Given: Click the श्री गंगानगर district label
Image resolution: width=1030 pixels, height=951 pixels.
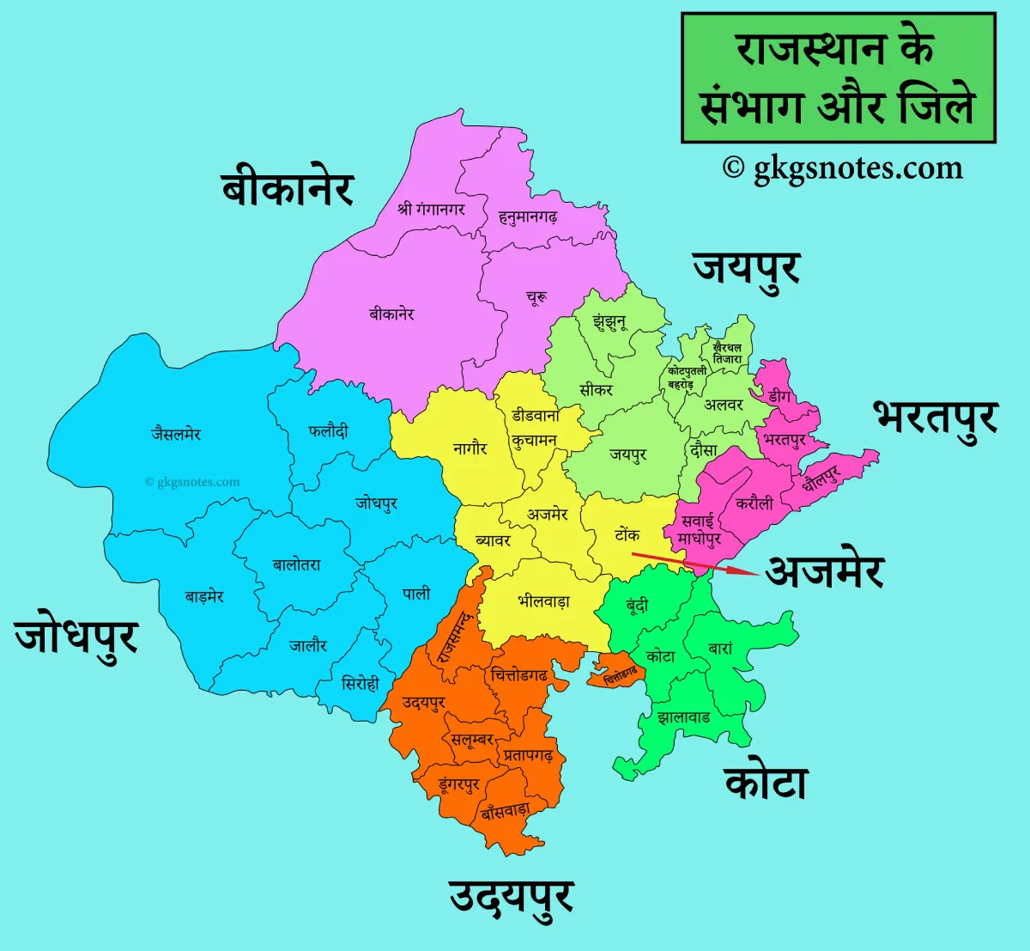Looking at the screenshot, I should (431, 208).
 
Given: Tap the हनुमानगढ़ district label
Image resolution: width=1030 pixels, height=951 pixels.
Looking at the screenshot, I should (528, 217).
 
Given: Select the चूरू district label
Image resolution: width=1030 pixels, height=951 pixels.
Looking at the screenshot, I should (536, 298).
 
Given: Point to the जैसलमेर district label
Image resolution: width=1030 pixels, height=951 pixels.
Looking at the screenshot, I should (176, 434).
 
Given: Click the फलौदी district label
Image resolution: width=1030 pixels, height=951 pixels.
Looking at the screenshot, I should (329, 431).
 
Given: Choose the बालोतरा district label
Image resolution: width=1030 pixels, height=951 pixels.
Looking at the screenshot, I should (297, 564).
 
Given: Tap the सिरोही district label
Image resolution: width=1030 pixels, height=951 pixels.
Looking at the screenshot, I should (360, 684).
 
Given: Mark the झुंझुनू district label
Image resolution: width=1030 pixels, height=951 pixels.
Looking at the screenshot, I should (609, 323).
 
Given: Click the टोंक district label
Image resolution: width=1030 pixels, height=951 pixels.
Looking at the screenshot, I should (627, 534).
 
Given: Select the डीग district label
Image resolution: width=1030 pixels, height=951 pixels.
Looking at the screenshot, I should (779, 396).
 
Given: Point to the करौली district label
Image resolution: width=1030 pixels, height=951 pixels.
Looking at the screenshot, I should (754, 503).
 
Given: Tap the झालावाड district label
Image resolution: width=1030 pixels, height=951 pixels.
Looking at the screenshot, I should (683, 716).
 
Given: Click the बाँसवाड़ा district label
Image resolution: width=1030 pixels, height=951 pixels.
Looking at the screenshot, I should (505, 809).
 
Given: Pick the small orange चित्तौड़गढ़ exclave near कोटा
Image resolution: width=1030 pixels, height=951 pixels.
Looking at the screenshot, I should (618, 673).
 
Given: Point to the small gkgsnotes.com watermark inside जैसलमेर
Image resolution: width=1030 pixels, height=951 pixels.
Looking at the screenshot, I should (192, 482).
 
